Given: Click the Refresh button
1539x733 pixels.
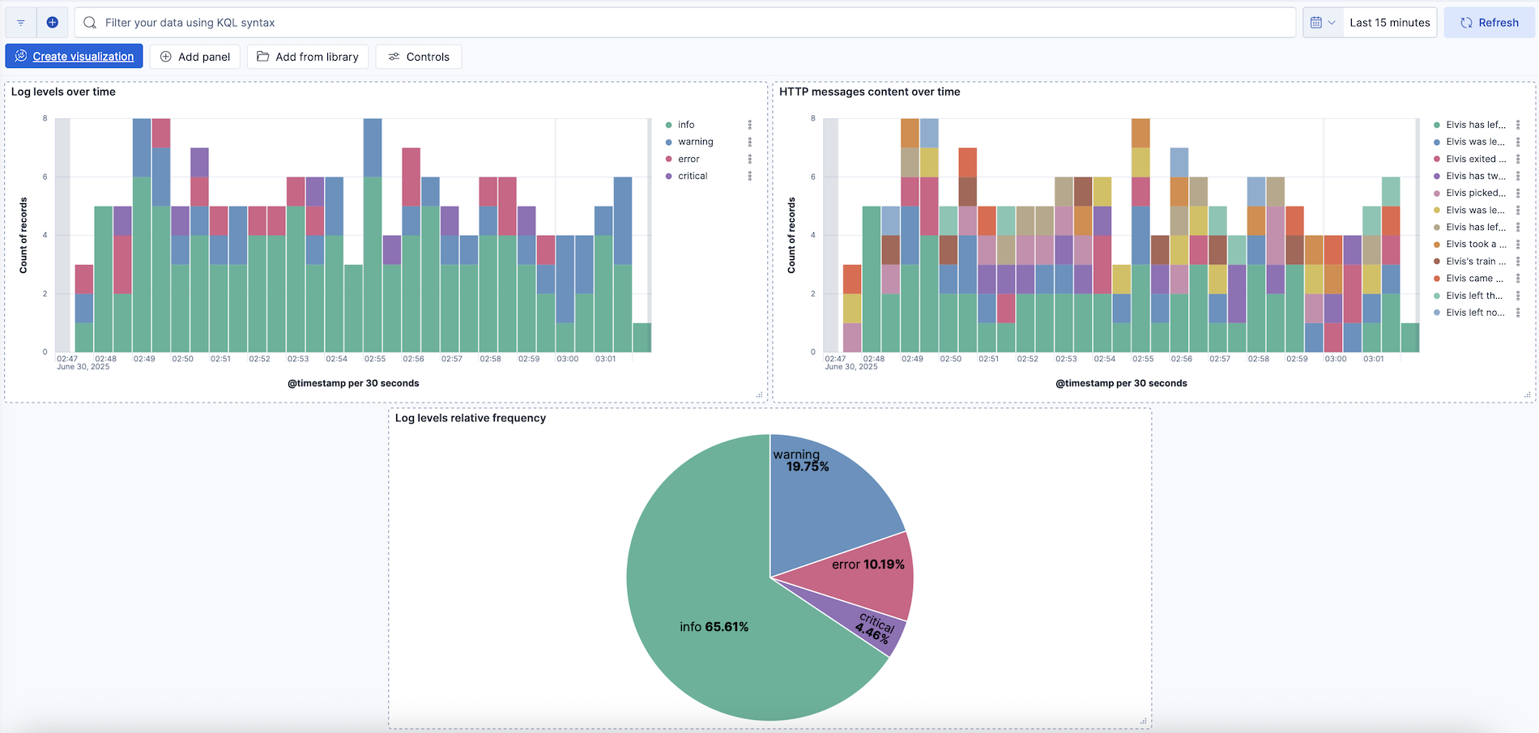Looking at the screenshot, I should click(x=1489, y=23).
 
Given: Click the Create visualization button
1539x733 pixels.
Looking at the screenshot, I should click(x=75, y=57).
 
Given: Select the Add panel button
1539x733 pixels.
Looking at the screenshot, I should click(x=195, y=57).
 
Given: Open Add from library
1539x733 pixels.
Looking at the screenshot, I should click(x=308, y=57).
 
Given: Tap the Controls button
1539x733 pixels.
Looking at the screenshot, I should click(x=419, y=57).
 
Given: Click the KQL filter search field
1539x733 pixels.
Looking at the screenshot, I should click(x=680, y=23).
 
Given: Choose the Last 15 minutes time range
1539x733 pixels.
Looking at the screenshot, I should click(x=1389, y=23).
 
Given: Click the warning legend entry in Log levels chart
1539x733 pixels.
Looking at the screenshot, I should click(x=695, y=142).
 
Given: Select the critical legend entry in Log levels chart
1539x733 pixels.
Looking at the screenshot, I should click(x=692, y=176).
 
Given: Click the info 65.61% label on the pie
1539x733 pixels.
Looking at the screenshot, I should click(x=714, y=627).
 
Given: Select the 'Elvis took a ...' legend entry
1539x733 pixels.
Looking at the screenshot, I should click(x=1475, y=244).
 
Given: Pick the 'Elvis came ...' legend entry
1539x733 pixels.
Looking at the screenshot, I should click(x=1473, y=278).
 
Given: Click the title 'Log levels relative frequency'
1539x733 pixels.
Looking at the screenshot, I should click(x=470, y=418).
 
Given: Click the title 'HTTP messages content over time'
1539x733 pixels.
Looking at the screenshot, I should click(x=869, y=92).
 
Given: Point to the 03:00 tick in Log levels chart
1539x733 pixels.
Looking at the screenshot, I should click(x=567, y=358).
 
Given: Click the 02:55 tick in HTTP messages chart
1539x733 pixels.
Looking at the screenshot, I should click(x=1143, y=358).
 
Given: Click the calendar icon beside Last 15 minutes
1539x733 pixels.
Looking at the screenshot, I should click(x=1316, y=23).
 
